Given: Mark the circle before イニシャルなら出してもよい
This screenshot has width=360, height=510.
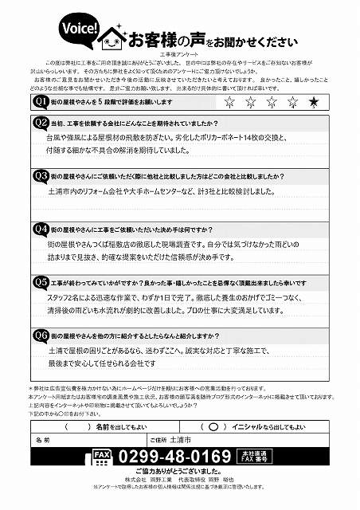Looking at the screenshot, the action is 213,426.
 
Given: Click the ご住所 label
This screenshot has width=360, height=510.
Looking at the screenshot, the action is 158,439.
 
